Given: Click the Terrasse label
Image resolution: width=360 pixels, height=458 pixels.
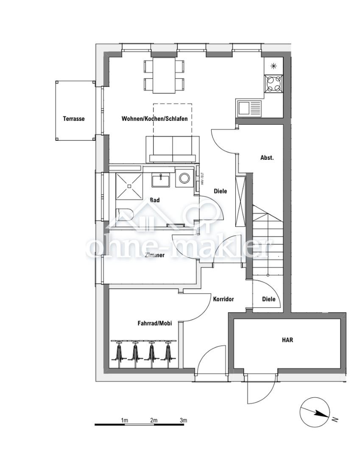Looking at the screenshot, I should [x=74, y=119].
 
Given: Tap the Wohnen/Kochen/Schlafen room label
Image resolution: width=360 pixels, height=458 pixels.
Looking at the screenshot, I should [x=154, y=119].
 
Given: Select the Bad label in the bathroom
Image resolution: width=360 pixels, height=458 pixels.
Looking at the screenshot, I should [x=154, y=200].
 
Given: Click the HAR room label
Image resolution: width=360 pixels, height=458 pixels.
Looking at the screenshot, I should [x=287, y=340].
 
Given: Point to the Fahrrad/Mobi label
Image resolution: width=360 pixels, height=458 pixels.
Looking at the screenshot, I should [x=154, y=324].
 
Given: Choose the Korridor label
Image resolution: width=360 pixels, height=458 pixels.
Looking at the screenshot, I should [x=223, y=299].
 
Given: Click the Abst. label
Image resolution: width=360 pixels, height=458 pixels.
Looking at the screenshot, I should [x=267, y=157].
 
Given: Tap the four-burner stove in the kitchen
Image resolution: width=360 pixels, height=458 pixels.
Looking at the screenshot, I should [x=273, y=83].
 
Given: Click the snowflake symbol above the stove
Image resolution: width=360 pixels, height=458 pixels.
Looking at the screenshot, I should [x=273, y=65].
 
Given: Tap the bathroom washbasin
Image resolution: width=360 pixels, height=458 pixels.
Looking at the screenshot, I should [x=161, y=180].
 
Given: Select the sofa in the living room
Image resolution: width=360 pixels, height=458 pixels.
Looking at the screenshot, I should [x=172, y=149].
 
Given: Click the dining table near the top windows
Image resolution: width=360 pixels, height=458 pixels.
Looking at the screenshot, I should [x=164, y=75].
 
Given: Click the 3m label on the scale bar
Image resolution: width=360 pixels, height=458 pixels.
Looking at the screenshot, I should [x=183, y=420].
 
